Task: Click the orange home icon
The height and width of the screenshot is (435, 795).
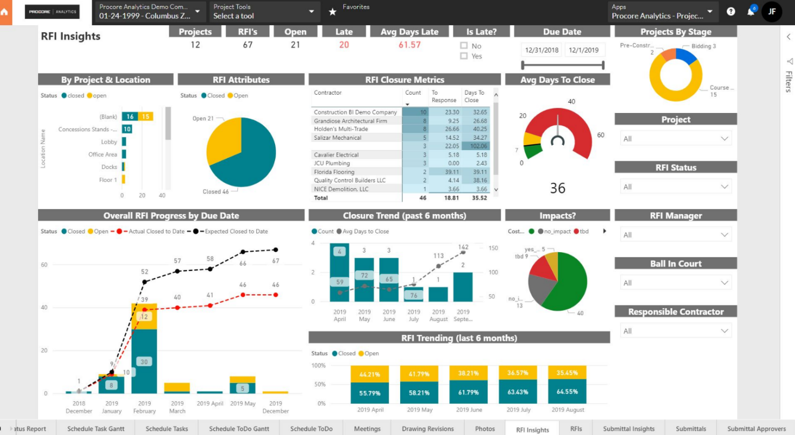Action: [x=5, y=11]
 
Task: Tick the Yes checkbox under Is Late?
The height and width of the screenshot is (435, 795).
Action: [x=464, y=56]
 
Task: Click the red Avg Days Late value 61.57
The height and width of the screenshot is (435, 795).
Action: [x=409, y=45]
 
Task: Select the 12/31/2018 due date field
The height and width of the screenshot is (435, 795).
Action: [x=542, y=50]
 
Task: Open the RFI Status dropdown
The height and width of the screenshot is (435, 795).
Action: [x=676, y=187]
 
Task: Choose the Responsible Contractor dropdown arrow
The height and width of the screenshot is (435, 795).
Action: [x=725, y=331]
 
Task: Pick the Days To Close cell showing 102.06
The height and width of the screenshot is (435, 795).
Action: [x=475, y=146]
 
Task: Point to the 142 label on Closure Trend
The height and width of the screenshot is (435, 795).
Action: [x=463, y=247]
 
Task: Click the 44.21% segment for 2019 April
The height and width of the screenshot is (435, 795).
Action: [x=370, y=374]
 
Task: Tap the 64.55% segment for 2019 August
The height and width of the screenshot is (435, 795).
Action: [x=567, y=391]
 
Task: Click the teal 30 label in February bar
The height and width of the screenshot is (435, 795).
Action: [x=144, y=362]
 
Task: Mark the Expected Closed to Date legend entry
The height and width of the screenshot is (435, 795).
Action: [x=230, y=231]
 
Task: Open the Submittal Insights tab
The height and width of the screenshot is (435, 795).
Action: [x=628, y=429]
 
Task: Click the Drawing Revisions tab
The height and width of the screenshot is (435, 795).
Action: [x=428, y=429]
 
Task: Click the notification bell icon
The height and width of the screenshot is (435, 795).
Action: [x=751, y=12]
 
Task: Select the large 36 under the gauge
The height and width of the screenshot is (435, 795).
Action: [x=558, y=188]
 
